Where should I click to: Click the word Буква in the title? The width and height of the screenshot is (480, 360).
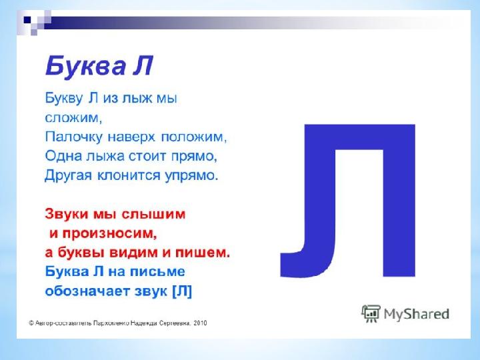86,66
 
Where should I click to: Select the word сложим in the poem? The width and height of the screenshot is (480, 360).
72,118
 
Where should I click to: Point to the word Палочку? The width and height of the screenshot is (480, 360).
73,137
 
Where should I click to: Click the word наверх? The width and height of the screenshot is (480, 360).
131,137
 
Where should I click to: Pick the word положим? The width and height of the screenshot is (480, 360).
193,137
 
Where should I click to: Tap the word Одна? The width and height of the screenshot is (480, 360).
63,156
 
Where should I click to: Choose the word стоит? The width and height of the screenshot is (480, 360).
147,156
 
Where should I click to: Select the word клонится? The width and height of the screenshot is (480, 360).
129,176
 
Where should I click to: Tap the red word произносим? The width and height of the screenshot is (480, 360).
109,233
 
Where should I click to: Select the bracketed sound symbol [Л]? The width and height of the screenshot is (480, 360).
182,291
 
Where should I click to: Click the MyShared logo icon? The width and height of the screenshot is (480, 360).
371,314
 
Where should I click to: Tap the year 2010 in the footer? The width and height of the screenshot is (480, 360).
200,323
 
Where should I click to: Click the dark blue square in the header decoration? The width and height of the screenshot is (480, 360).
27,20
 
